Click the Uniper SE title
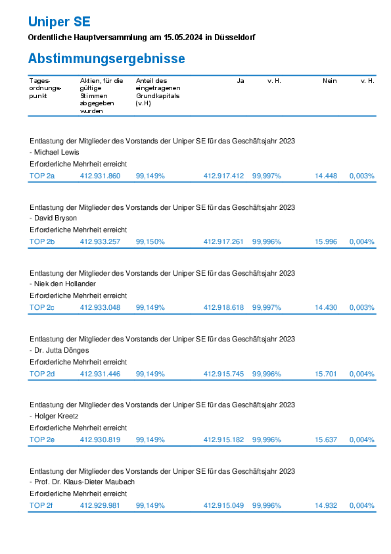point(59,22)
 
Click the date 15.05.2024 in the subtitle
point(183,38)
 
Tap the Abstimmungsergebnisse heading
point(106,59)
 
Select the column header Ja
point(241,81)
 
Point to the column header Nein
point(330,81)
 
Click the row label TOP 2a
point(42,176)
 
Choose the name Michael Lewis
point(57,152)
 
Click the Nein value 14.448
point(326,176)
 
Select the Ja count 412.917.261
point(223,241)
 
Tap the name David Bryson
point(55,218)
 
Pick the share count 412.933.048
point(100,307)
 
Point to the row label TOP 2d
point(42,374)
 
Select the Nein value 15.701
point(326,374)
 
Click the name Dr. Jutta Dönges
point(61,350)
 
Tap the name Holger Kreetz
point(56,416)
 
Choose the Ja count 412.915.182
point(223,440)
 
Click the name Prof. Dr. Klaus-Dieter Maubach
point(84,482)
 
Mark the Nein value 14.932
point(326,505)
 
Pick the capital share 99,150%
point(150,241)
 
